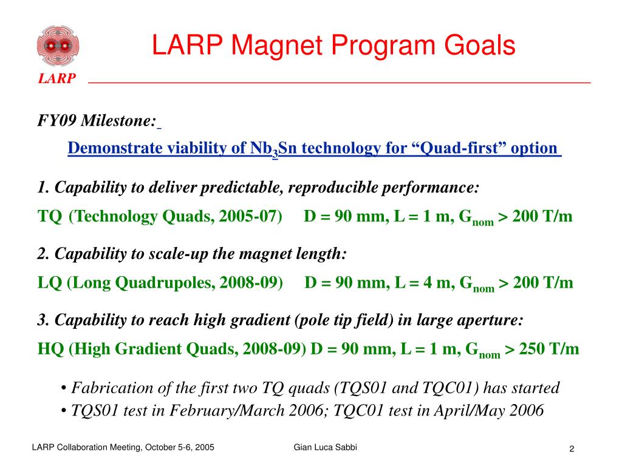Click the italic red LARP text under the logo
coord(58,79)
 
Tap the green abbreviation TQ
coord(49,217)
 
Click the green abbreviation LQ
coord(49,283)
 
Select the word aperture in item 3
coord(491,320)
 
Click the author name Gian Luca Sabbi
coord(326,447)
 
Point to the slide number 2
coord(572,448)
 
